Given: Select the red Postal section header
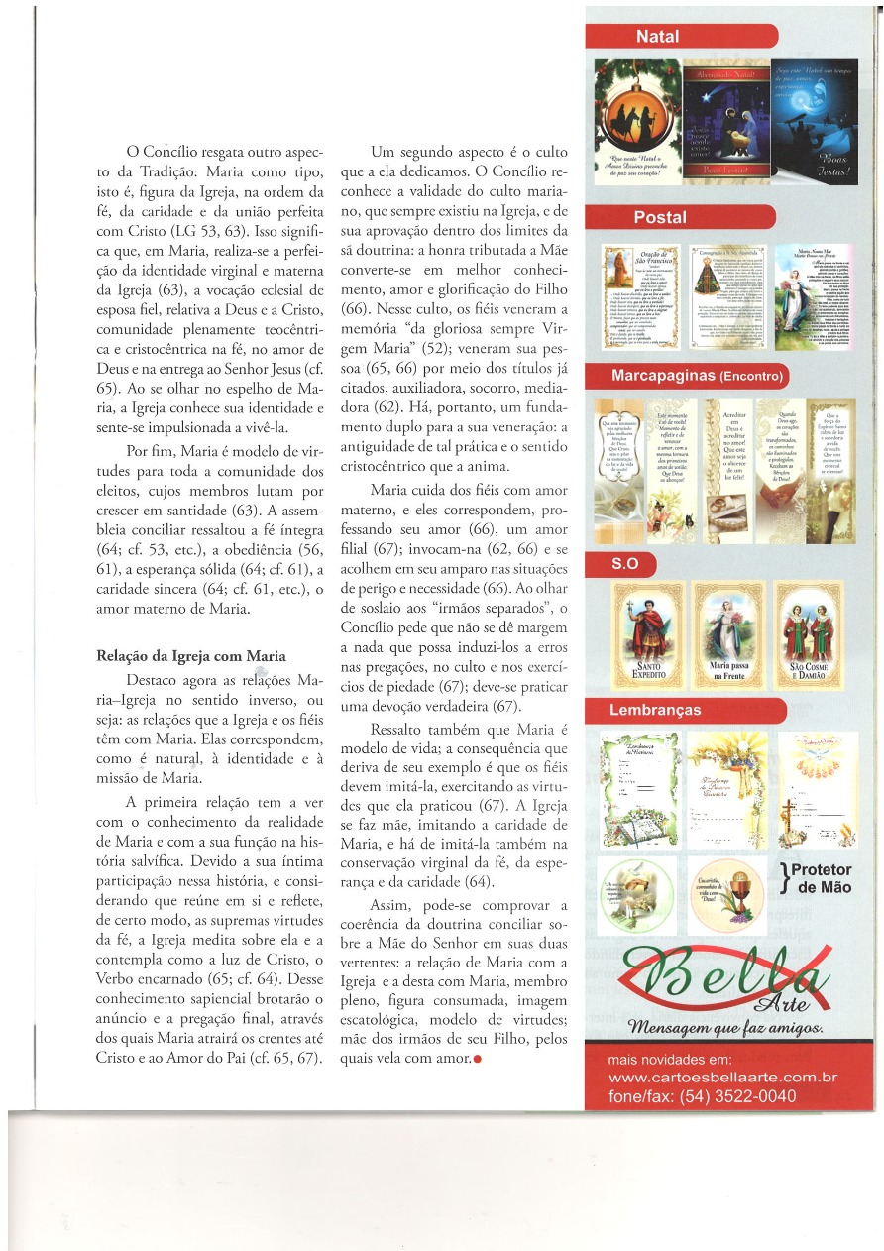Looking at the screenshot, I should click(660, 217).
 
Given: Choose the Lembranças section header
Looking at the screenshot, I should click(653, 711).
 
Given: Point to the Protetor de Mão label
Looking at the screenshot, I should click(821, 878).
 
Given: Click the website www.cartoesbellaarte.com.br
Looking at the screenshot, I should click(722, 1078).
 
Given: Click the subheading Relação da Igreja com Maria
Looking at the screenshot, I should click(190, 655).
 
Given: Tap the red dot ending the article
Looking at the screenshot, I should click(478, 1059).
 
